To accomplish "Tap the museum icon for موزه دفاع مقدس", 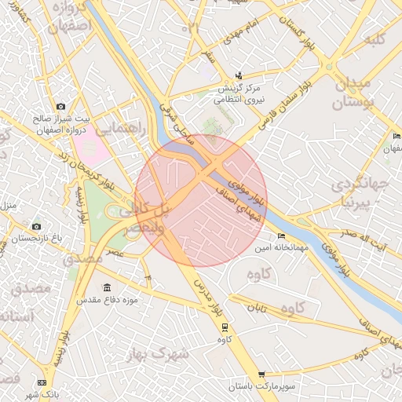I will pyautogui.click(x=108, y=288).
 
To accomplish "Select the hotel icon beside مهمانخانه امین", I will pyautogui.click(x=282, y=236).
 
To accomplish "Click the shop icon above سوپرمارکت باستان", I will pyautogui.click(x=261, y=375).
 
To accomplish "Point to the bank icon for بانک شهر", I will pyautogui.click(x=41, y=382).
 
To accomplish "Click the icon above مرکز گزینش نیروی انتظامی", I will pyautogui.click(x=238, y=77).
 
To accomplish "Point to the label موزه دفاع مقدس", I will pyautogui.click(x=106, y=301).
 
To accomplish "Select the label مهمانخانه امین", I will pyautogui.click(x=274, y=248).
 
